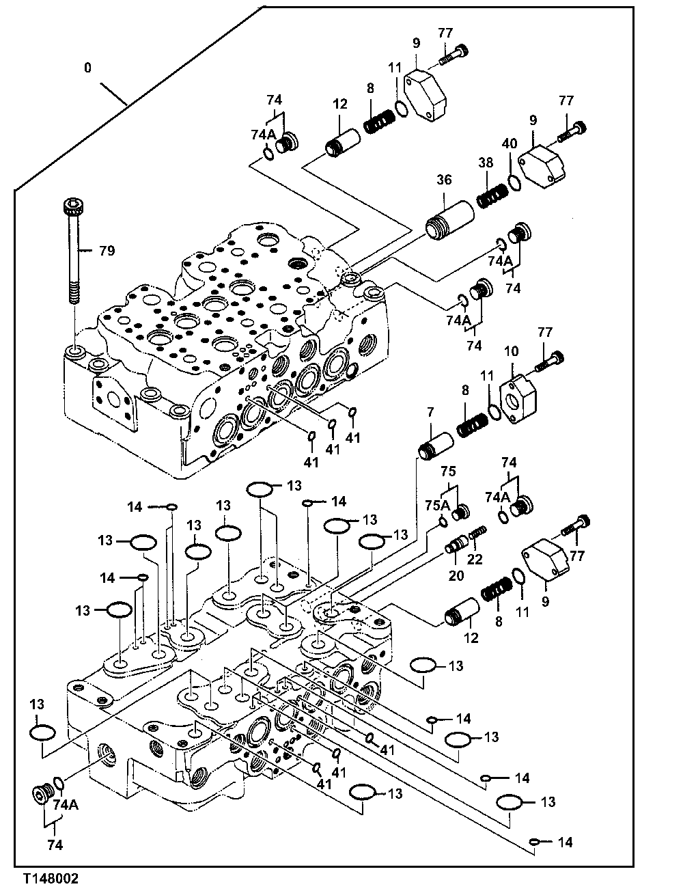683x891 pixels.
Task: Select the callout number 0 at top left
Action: coord(87,68)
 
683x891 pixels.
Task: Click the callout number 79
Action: coord(106,251)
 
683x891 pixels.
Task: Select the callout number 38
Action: coord(485,163)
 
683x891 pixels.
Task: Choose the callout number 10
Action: coord(512,352)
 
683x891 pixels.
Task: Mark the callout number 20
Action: coord(456,575)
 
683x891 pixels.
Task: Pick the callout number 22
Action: coord(475,558)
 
